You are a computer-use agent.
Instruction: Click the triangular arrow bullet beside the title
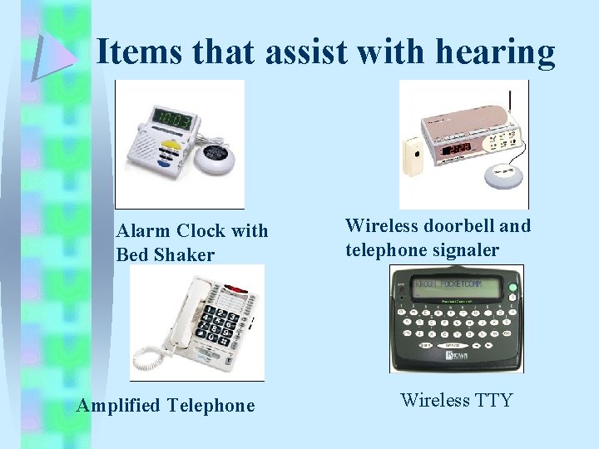click(52, 56)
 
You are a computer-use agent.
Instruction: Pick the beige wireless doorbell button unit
click(413, 158)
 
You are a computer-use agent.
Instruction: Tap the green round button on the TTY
click(512, 289)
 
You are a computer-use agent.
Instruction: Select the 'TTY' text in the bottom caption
click(493, 401)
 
